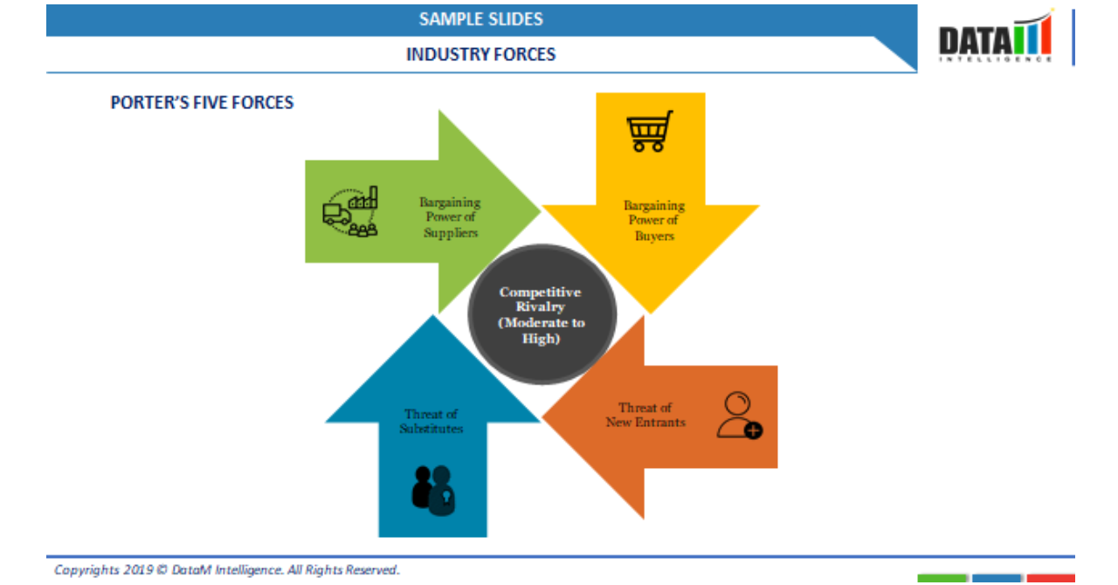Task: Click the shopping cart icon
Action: [650, 131]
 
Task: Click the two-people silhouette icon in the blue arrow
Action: [433, 489]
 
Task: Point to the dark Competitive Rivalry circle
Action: [542, 314]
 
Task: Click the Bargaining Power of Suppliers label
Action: [450, 217]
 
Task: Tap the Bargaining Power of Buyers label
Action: [654, 221]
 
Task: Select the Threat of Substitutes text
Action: [431, 422]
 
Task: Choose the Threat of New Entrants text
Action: [645, 415]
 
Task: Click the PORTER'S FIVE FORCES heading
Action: [202, 103]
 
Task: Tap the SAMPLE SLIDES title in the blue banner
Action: [480, 19]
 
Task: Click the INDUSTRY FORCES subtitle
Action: [480, 54]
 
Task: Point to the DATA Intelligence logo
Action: [996, 39]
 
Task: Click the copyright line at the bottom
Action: [226, 570]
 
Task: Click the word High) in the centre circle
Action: [541, 339]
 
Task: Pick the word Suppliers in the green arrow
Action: [451, 233]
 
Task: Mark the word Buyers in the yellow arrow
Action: [654, 236]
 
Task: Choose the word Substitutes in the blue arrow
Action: [431, 430]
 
